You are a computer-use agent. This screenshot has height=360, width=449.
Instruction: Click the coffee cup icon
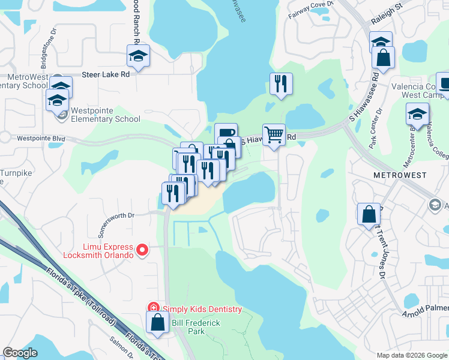225,133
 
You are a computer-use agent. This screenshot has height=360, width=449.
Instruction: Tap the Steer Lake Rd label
105,75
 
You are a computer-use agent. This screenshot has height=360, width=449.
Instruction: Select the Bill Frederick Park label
196,327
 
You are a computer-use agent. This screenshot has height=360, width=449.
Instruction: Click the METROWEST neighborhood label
399,175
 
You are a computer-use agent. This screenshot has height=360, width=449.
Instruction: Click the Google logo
20,353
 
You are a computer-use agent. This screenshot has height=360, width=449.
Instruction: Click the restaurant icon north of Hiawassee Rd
280,84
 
